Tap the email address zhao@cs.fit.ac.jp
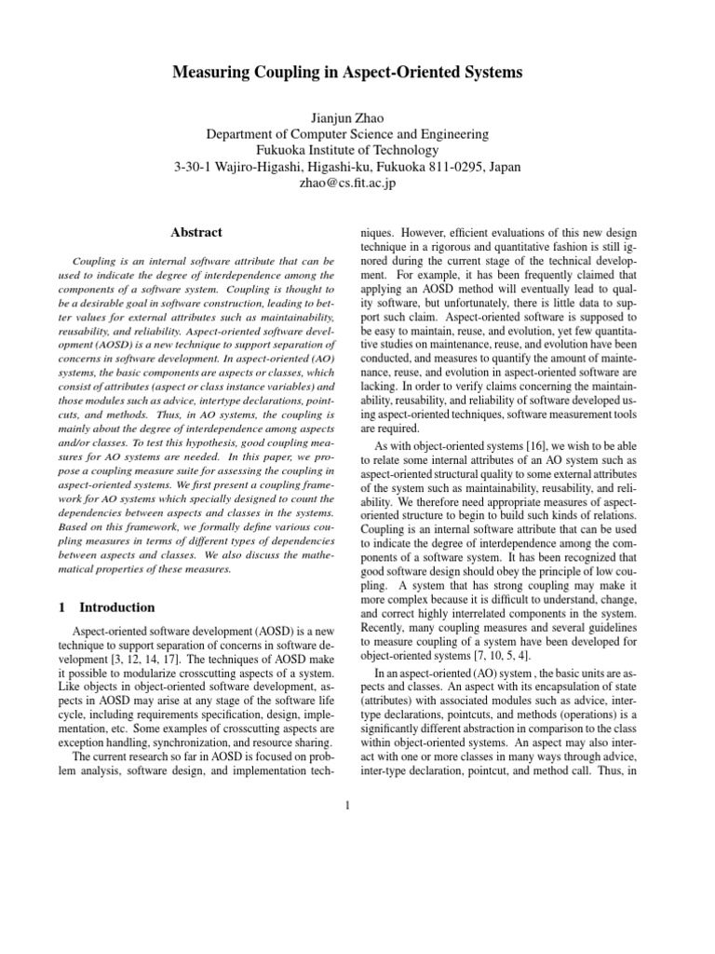(357, 183)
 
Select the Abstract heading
(196, 232)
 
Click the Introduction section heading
(116, 607)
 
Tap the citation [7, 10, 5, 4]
(520, 656)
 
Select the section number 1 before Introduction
(61, 607)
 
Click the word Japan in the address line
(503, 166)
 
